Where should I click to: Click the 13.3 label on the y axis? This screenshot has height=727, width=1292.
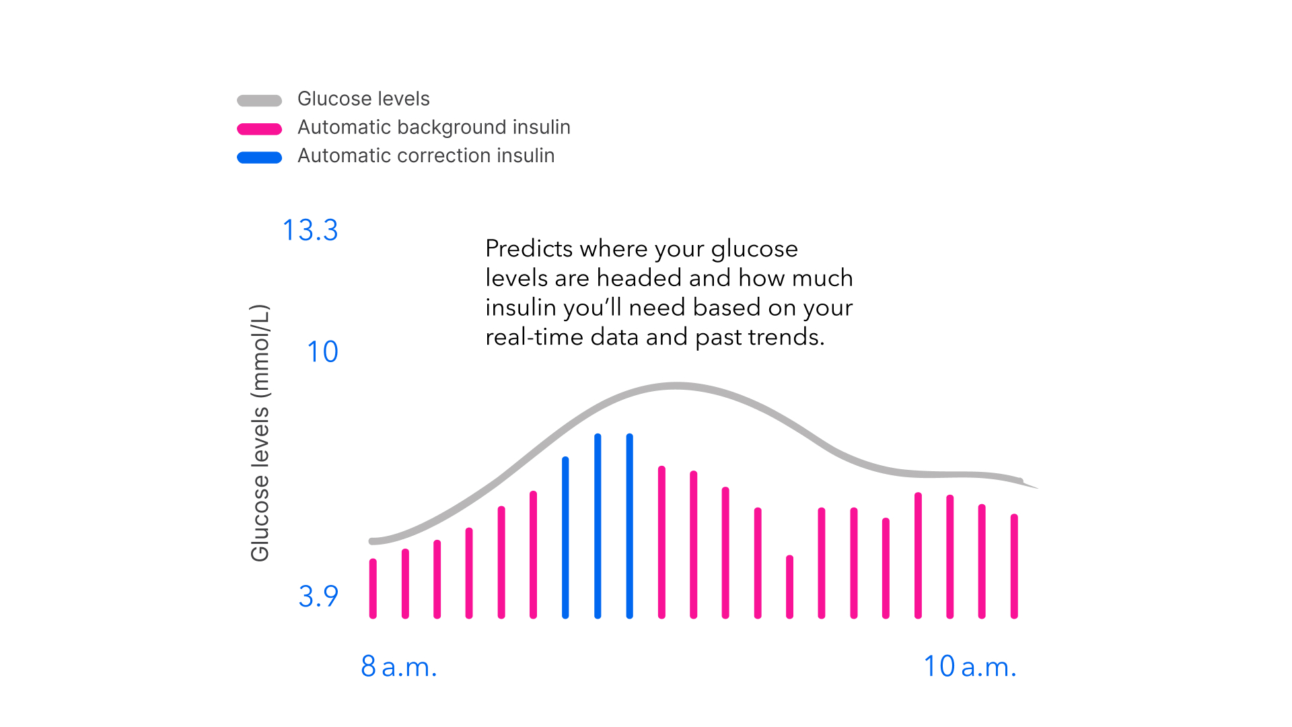coord(310,230)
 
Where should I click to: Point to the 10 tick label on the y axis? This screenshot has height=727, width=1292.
coord(322,352)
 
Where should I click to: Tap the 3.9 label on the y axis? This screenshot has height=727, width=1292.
coord(318,596)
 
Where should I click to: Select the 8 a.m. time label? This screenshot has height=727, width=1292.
coord(399,666)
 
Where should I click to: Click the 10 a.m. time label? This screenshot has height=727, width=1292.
coord(970,666)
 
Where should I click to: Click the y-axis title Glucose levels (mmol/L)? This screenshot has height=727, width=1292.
coord(260,433)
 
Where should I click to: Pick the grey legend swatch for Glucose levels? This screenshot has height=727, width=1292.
coord(259,101)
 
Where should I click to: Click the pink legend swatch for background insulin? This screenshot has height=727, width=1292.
coord(259,129)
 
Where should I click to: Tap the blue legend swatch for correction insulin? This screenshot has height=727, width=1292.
coord(259,158)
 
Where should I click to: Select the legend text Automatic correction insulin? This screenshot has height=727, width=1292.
coord(426,155)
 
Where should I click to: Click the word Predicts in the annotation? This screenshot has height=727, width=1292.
coord(529,248)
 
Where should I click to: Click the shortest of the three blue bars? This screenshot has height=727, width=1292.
coord(565,538)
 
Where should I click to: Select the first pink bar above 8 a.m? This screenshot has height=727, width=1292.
coord(373,588)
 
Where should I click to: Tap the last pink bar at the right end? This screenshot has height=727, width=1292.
coord(1014,566)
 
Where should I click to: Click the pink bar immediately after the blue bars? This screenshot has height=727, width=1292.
coord(661,542)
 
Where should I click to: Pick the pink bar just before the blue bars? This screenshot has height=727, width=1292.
coord(533,555)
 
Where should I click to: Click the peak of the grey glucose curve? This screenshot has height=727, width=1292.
coord(676,386)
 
